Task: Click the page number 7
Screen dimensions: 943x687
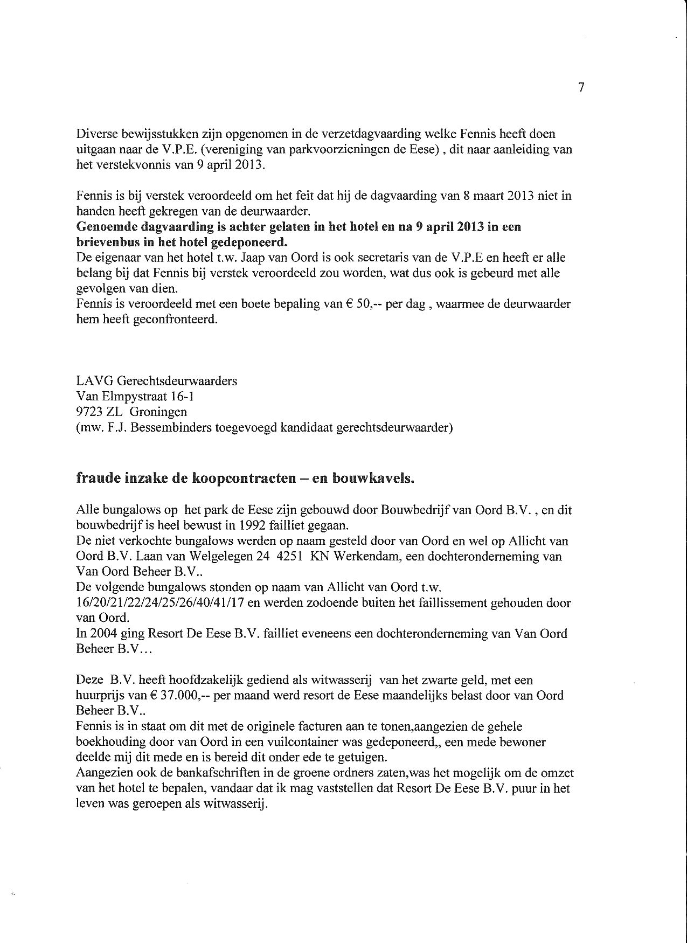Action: pyautogui.click(x=581, y=88)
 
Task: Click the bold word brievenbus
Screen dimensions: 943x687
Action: pyautogui.click(x=108, y=241)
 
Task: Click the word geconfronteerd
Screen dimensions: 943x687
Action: pyautogui.click(x=179, y=320)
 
